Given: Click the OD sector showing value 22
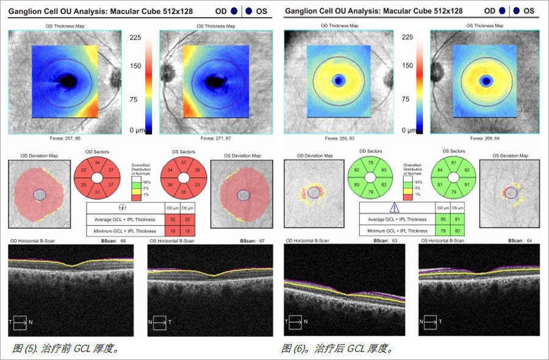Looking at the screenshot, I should [81, 173].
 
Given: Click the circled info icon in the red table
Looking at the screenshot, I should [121, 207].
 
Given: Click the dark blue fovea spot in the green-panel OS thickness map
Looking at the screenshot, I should [486, 81].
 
